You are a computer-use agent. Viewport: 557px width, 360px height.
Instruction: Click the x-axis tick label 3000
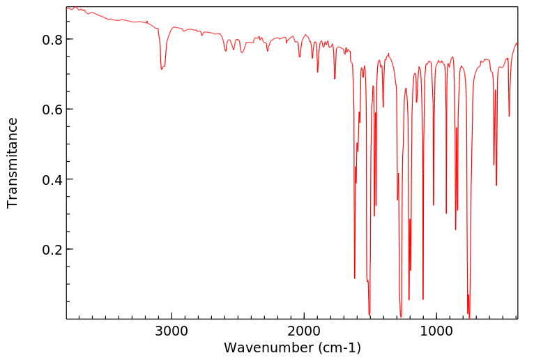click(x=171, y=330)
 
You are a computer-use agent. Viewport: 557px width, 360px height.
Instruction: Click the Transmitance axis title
click(x=13, y=163)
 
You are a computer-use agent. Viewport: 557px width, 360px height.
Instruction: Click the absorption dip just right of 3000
click(x=162, y=69)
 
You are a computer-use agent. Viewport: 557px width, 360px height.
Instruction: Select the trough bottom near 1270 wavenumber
click(x=401, y=316)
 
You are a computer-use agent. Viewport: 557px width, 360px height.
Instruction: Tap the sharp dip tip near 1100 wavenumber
click(x=423, y=299)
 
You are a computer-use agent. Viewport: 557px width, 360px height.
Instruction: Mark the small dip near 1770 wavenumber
click(x=335, y=78)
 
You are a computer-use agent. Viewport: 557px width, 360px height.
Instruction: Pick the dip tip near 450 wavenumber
click(x=509, y=116)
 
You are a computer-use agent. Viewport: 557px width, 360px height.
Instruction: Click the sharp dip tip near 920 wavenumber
click(x=446, y=213)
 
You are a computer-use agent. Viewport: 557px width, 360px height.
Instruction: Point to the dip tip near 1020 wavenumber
click(x=434, y=204)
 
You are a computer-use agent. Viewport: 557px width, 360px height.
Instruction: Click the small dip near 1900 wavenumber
click(x=318, y=72)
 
